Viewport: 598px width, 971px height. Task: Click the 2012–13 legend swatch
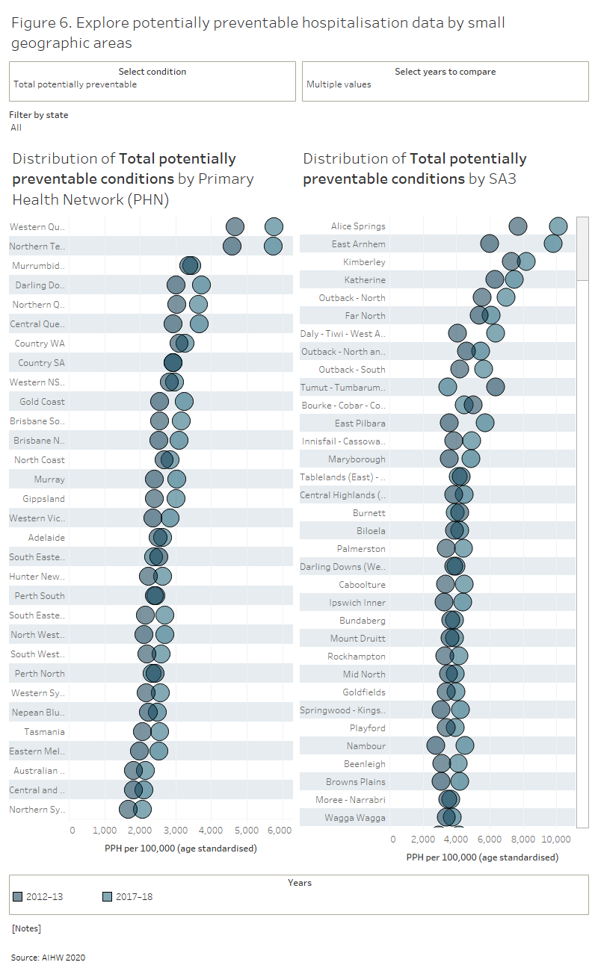[x=18, y=896]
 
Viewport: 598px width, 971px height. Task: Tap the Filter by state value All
[x=16, y=128]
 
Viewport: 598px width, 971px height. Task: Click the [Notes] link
[x=26, y=928]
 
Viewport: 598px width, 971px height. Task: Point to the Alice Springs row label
[x=358, y=226]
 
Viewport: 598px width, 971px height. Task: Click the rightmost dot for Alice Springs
[x=558, y=226]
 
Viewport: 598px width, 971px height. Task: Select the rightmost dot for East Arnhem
[x=553, y=243]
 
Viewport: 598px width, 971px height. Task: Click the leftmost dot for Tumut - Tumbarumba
[x=447, y=387]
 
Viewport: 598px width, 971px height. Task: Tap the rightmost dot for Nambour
[x=464, y=745]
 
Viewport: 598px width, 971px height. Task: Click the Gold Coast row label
[x=42, y=402]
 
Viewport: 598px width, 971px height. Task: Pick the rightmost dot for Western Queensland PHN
[x=274, y=227]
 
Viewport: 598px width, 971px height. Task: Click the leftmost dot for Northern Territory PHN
[x=232, y=246]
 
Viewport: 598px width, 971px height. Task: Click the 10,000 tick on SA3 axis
[x=557, y=839]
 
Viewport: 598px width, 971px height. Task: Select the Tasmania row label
[x=44, y=732]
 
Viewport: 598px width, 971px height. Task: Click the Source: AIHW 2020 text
[x=48, y=957]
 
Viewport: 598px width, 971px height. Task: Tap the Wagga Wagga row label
[x=355, y=818]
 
